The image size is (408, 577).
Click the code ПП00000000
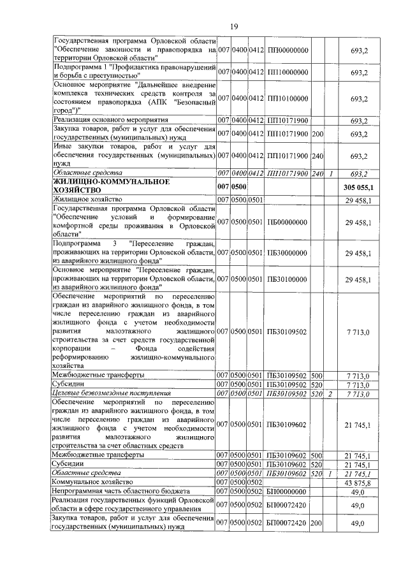[x=288, y=49]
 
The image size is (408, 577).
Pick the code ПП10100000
[x=288, y=98]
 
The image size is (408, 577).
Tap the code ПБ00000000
[x=288, y=221]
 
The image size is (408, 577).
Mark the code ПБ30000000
[x=288, y=253]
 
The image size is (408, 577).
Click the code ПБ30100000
[x=288, y=279]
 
